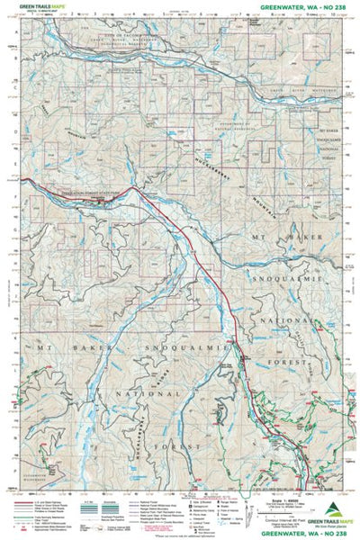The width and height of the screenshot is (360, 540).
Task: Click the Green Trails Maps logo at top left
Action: point(35,7)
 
